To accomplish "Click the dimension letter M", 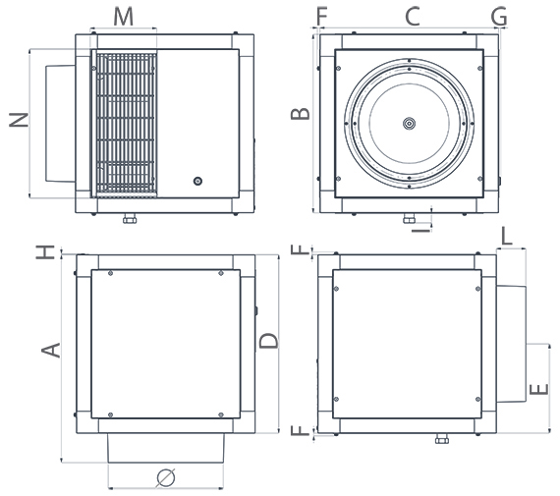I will point(123,16).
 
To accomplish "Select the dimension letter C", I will point(412,16).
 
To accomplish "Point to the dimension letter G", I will point(498,16).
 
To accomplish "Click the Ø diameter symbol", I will point(166,477).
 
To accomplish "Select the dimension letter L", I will point(506,236).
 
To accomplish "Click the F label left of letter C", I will point(322,16).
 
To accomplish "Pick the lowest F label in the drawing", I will point(301,433).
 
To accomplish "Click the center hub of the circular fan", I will point(409,123).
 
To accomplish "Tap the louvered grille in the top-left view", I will point(125,122).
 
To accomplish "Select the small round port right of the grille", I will point(197,182).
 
